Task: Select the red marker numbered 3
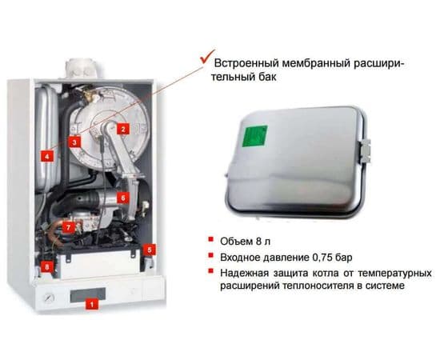click(x=74, y=142)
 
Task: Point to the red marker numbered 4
click(x=48, y=157)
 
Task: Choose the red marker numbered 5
click(x=150, y=250)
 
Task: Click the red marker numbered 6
click(x=122, y=196)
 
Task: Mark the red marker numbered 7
click(x=68, y=227)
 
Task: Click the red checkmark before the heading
click(x=206, y=60)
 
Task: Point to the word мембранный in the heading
click(x=330, y=62)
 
